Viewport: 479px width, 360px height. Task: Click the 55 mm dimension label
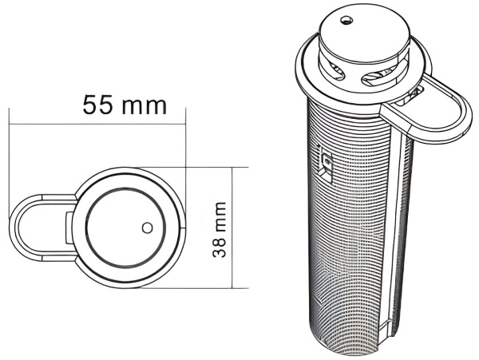[x=125, y=105]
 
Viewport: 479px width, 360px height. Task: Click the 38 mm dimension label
[x=220, y=230]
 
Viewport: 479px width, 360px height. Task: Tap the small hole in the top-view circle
[x=148, y=227]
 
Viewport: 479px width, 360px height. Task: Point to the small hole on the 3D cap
[x=346, y=21]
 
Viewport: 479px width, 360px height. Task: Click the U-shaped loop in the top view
[x=14, y=227]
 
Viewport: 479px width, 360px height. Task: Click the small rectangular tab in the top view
[x=69, y=227]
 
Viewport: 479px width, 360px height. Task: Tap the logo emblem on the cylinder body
[x=326, y=164]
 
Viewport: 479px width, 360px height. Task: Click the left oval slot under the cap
[x=335, y=72]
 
